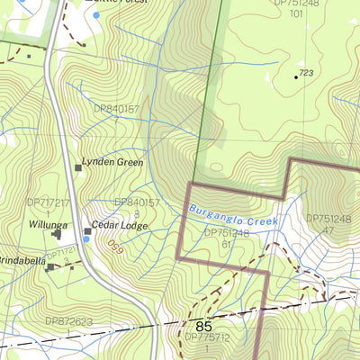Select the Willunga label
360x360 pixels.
point(47,224)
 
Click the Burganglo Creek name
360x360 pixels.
point(234,214)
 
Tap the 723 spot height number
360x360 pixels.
point(307,73)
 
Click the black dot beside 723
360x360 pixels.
point(295,76)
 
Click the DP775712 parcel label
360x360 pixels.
point(208,337)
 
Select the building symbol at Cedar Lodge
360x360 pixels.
point(87,231)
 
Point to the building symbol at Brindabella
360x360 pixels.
point(50,266)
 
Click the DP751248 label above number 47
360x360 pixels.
point(329,218)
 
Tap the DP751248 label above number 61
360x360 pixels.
point(227,232)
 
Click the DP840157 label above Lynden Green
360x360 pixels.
point(116,109)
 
